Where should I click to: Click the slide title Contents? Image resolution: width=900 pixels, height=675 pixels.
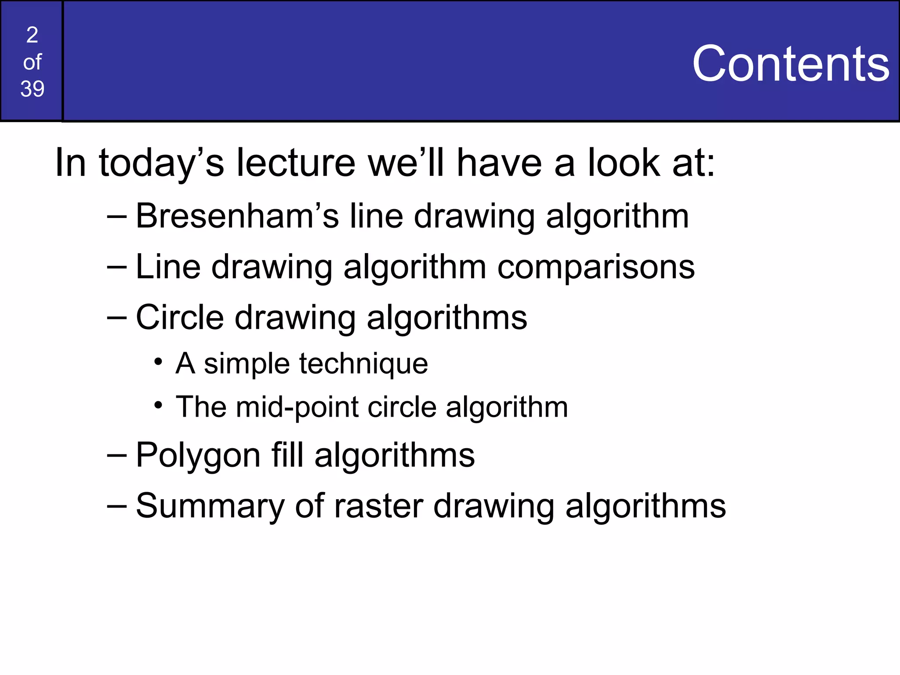tap(790, 64)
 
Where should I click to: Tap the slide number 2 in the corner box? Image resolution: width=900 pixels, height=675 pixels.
tap(32, 35)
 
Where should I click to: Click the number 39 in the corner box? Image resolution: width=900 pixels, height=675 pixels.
tap(32, 89)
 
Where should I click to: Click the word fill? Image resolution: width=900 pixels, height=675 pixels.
tap(287, 455)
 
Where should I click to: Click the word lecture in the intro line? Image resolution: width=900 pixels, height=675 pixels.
tap(296, 163)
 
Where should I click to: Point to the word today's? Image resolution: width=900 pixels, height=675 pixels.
tap(161, 164)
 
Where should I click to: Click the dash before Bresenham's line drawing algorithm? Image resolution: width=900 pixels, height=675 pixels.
tap(117, 217)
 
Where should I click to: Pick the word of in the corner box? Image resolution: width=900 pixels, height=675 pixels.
tap(32, 62)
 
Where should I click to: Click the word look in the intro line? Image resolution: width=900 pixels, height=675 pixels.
tap(624, 163)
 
